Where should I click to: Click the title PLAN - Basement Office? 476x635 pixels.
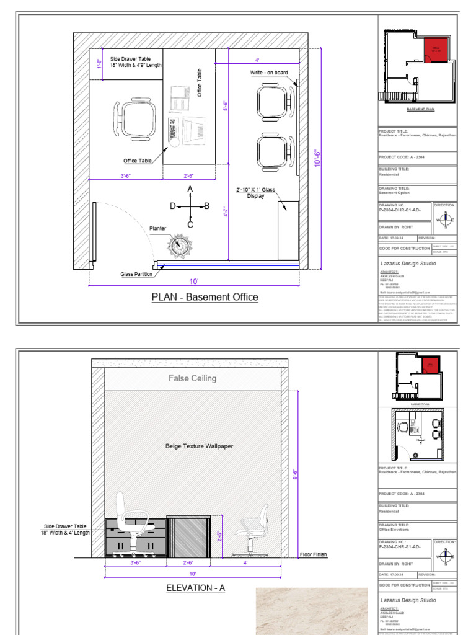coord(205,297)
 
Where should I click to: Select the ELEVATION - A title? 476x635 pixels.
coord(195,588)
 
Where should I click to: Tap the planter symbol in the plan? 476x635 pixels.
coord(179,244)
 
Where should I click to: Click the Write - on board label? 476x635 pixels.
coord(269,73)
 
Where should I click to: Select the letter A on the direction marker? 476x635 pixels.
coord(190,189)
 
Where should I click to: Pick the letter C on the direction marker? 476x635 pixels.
coord(190,224)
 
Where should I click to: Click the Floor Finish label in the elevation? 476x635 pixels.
coord(313,555)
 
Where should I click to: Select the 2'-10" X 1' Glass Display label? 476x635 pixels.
coord(256,192)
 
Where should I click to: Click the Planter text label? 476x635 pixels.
coord(158,229)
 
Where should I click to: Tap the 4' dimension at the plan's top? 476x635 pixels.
coord(257,60)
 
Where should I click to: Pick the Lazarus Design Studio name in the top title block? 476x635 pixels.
coord(408,264)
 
